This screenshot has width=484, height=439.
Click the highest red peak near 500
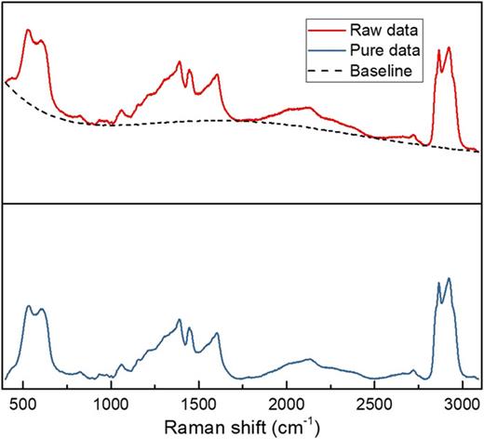coord(29,30)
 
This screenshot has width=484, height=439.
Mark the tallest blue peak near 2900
coord(449,278)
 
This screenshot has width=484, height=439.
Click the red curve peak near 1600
coord(217,75)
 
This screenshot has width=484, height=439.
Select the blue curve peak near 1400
coord(180,320)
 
